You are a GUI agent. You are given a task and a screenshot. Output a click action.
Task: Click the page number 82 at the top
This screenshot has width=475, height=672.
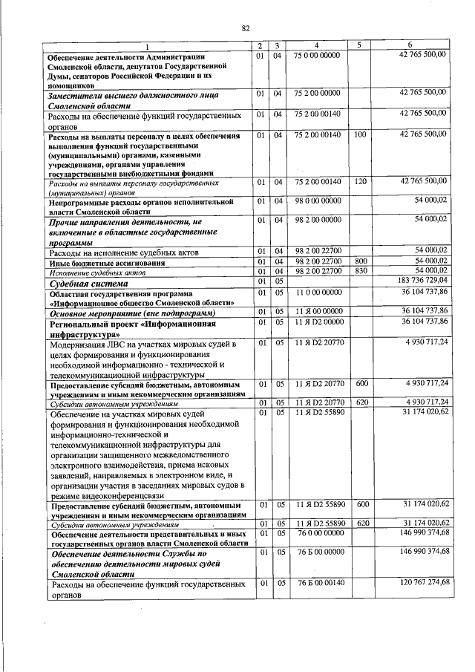pyautogui.click(x=246, y=27)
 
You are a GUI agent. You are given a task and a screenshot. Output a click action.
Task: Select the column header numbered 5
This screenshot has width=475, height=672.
pyautogui.click(x=359, y=45)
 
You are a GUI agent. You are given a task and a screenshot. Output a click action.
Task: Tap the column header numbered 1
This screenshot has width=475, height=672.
pyautogui.click(x=146, y=46)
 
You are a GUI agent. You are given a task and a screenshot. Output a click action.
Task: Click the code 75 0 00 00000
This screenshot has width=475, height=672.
pyautogui.click(x=317, y=55)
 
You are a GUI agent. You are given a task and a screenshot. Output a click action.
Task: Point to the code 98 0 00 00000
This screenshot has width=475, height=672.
pyautogui.click(x=317, y=200)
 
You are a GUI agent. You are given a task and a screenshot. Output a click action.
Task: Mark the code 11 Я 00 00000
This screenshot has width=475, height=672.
pyautogui.click(x=317, y=310)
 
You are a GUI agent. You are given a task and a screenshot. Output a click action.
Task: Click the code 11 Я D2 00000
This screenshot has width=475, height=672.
pyautogui.click(x=317, y=320)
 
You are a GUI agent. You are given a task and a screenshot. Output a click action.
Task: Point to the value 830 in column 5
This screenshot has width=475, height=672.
pyautogui.click(x=361, y=272)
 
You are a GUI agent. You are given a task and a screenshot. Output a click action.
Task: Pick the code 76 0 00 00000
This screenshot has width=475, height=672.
pyautogui.click(x=317, y=532)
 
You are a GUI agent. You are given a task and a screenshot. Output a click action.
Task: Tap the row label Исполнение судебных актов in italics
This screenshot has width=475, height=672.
pyautogui.click(x=90, y=273)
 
